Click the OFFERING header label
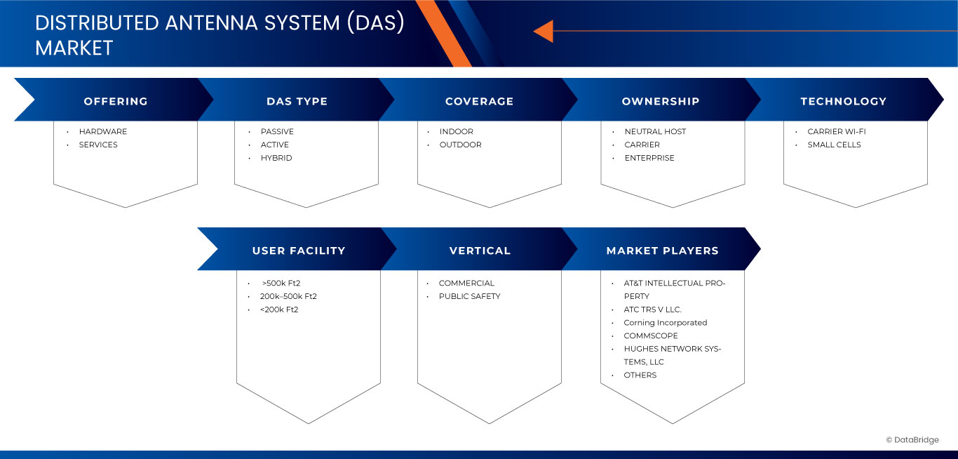click(116, 101)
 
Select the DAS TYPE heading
click(297, 101)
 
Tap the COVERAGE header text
click(479, 101)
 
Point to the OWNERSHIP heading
click(661, 101)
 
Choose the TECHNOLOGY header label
click(843, 101)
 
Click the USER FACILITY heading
click(299, 251)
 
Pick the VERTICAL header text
click(480, 251)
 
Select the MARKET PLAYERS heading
click(662, 251)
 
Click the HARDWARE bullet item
click(102, 131)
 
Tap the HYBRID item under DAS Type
click(276, 158)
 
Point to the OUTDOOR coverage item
click(460, 145)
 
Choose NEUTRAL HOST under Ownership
click(655, 131)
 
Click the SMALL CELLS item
click(834, 145)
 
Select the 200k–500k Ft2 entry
click(288, 296)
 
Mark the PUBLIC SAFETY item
click(469, 296)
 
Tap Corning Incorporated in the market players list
click(665, 323)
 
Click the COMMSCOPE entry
click(651, 335)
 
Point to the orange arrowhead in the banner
click(544, 31)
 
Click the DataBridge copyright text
click(912, 440)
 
